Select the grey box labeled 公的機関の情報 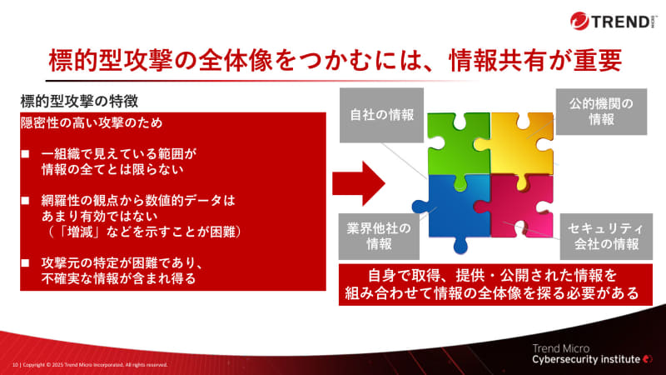pyautogui.click(x=601, y=112)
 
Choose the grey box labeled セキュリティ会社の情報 pyautogui.click(x=603, y=235)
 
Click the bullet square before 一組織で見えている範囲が pyautogui.click(x=26, y=154)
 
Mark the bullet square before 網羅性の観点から pyautogui.click(x=26, y=200)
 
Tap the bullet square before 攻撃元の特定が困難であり pyautogui.click(x=26, y=262)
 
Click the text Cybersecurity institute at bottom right pyautogui.click(x=586, y=358)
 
